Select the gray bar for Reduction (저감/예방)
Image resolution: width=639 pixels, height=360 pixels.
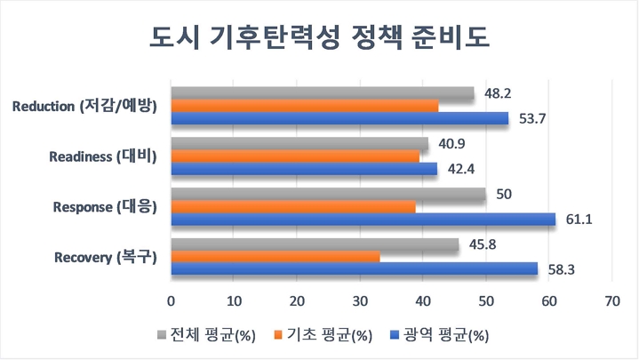[322, 93]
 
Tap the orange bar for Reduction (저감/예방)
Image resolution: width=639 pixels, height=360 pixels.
[304, 106]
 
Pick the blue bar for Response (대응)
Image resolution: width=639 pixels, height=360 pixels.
[363, 219]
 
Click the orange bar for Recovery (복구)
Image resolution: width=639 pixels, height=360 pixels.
[275, 257]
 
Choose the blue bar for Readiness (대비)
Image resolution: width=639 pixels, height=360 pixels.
[303, 169]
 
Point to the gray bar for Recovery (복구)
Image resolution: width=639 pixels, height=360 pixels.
[315, 244]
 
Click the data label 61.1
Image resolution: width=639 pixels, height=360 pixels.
[578, 219]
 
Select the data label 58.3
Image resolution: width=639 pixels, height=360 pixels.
[560, 268]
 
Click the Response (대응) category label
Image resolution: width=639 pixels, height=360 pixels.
[105, 207]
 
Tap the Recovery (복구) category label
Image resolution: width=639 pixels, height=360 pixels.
[105, 258]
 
